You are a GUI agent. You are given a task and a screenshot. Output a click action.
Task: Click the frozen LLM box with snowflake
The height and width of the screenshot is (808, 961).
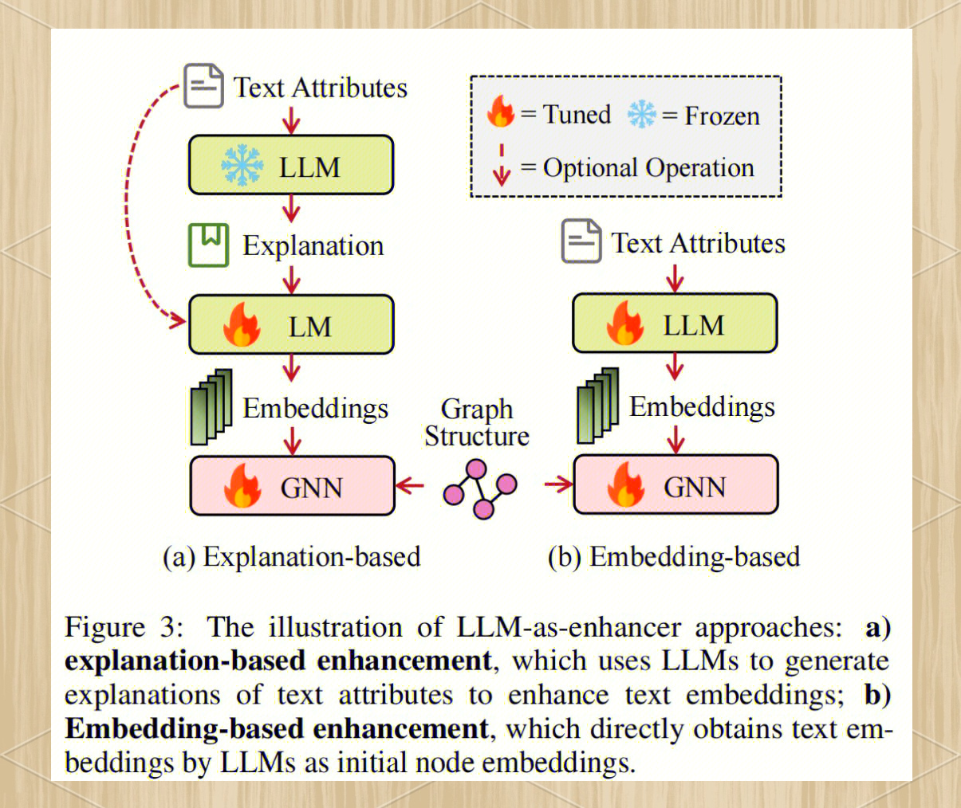(291, 165)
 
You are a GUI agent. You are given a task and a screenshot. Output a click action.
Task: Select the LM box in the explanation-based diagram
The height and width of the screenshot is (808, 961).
(291, 325)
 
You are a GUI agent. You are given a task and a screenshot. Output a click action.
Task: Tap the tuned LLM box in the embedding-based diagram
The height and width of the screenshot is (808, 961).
(675, 324)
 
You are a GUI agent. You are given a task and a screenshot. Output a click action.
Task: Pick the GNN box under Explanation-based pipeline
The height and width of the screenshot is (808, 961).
(292, 486)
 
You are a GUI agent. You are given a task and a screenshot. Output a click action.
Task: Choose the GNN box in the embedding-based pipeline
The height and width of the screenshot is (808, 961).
(675, 484)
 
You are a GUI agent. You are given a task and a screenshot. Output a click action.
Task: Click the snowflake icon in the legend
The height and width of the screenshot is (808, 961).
(641, 115)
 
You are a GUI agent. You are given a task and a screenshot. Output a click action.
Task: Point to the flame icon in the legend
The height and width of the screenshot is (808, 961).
(501, 112)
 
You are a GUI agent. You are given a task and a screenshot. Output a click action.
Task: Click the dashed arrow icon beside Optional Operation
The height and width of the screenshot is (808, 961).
(501, 166)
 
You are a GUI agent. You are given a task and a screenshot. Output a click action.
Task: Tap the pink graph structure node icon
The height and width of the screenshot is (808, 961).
(480, 488)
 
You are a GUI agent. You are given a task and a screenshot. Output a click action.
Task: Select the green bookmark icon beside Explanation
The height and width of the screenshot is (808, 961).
(208, 245)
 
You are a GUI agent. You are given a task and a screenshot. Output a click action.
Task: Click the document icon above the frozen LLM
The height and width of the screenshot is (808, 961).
(203, 86)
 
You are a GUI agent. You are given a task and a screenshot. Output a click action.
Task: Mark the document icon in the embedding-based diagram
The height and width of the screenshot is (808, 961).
(581, 241)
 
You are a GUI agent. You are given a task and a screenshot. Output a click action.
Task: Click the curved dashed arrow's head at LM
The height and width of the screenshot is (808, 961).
(176, 320)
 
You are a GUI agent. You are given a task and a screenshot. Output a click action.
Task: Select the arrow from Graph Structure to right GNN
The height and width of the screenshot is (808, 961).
(559, 483)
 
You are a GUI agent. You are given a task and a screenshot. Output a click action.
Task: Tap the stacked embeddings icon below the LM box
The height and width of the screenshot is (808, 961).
(211, 407)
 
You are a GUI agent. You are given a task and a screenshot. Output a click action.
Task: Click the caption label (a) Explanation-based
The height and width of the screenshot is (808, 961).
(291, 556)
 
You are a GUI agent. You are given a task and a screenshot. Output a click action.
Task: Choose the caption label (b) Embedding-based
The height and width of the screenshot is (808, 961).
(674, 556)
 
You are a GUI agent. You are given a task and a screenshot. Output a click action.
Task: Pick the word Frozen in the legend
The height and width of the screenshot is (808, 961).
(722, 116)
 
